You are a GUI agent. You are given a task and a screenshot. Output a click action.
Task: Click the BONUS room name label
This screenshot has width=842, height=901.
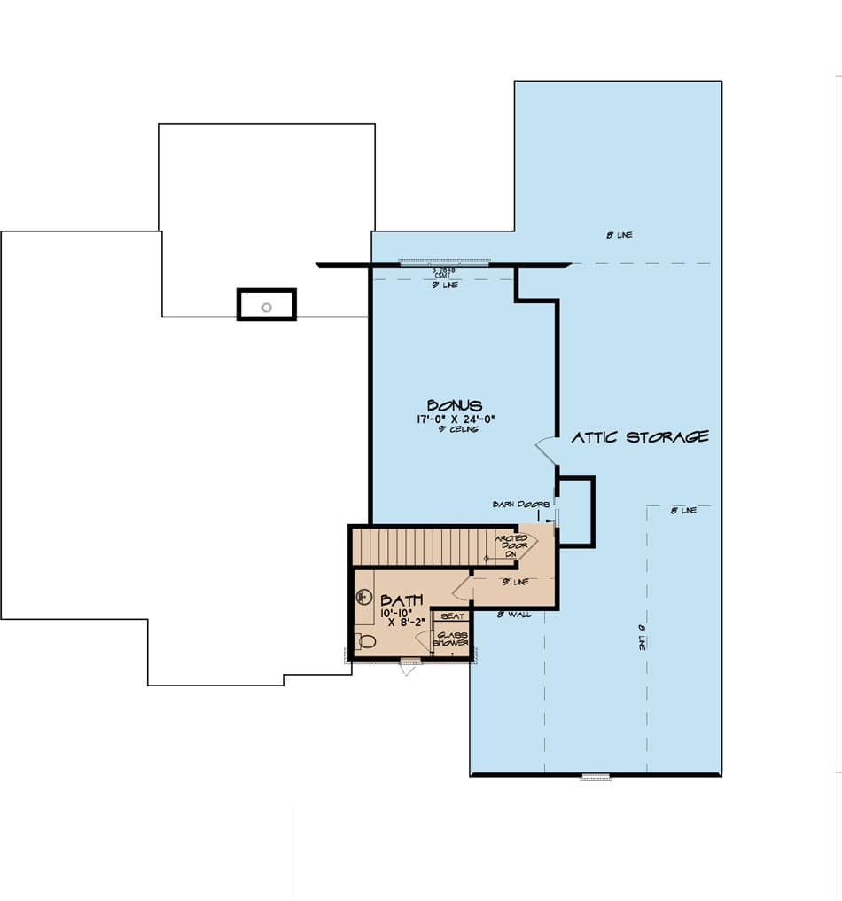[x=454, y=406]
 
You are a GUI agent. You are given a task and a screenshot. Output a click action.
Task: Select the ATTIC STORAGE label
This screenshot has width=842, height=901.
[x=639, y=437]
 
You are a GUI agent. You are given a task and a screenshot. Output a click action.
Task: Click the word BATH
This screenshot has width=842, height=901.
[x=402, y=600]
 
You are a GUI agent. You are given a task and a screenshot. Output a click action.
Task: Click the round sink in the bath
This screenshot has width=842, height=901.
[x=362, y=597]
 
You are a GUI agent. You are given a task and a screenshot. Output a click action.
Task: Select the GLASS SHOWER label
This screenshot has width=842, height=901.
[x=451, y=639]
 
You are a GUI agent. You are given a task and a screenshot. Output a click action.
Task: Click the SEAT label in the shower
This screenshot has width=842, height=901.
[x=450, y=615]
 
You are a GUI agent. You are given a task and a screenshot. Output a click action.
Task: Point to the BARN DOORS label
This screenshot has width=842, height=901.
[x=515, y=505]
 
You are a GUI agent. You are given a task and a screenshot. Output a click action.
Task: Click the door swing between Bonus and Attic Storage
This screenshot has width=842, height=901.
[x=546, y=450]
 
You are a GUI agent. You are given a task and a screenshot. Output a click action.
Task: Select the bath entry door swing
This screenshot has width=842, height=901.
[x=462, y=589]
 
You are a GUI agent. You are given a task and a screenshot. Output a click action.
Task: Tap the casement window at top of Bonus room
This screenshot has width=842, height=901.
[x=444, y=262]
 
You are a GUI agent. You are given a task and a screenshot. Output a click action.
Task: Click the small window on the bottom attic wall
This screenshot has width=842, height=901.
[x=596, y=778]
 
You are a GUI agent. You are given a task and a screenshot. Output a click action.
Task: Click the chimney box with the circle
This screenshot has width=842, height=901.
[x=266, y=305]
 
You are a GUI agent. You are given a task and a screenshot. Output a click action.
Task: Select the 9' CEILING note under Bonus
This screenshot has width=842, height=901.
[x=457, y=430]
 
